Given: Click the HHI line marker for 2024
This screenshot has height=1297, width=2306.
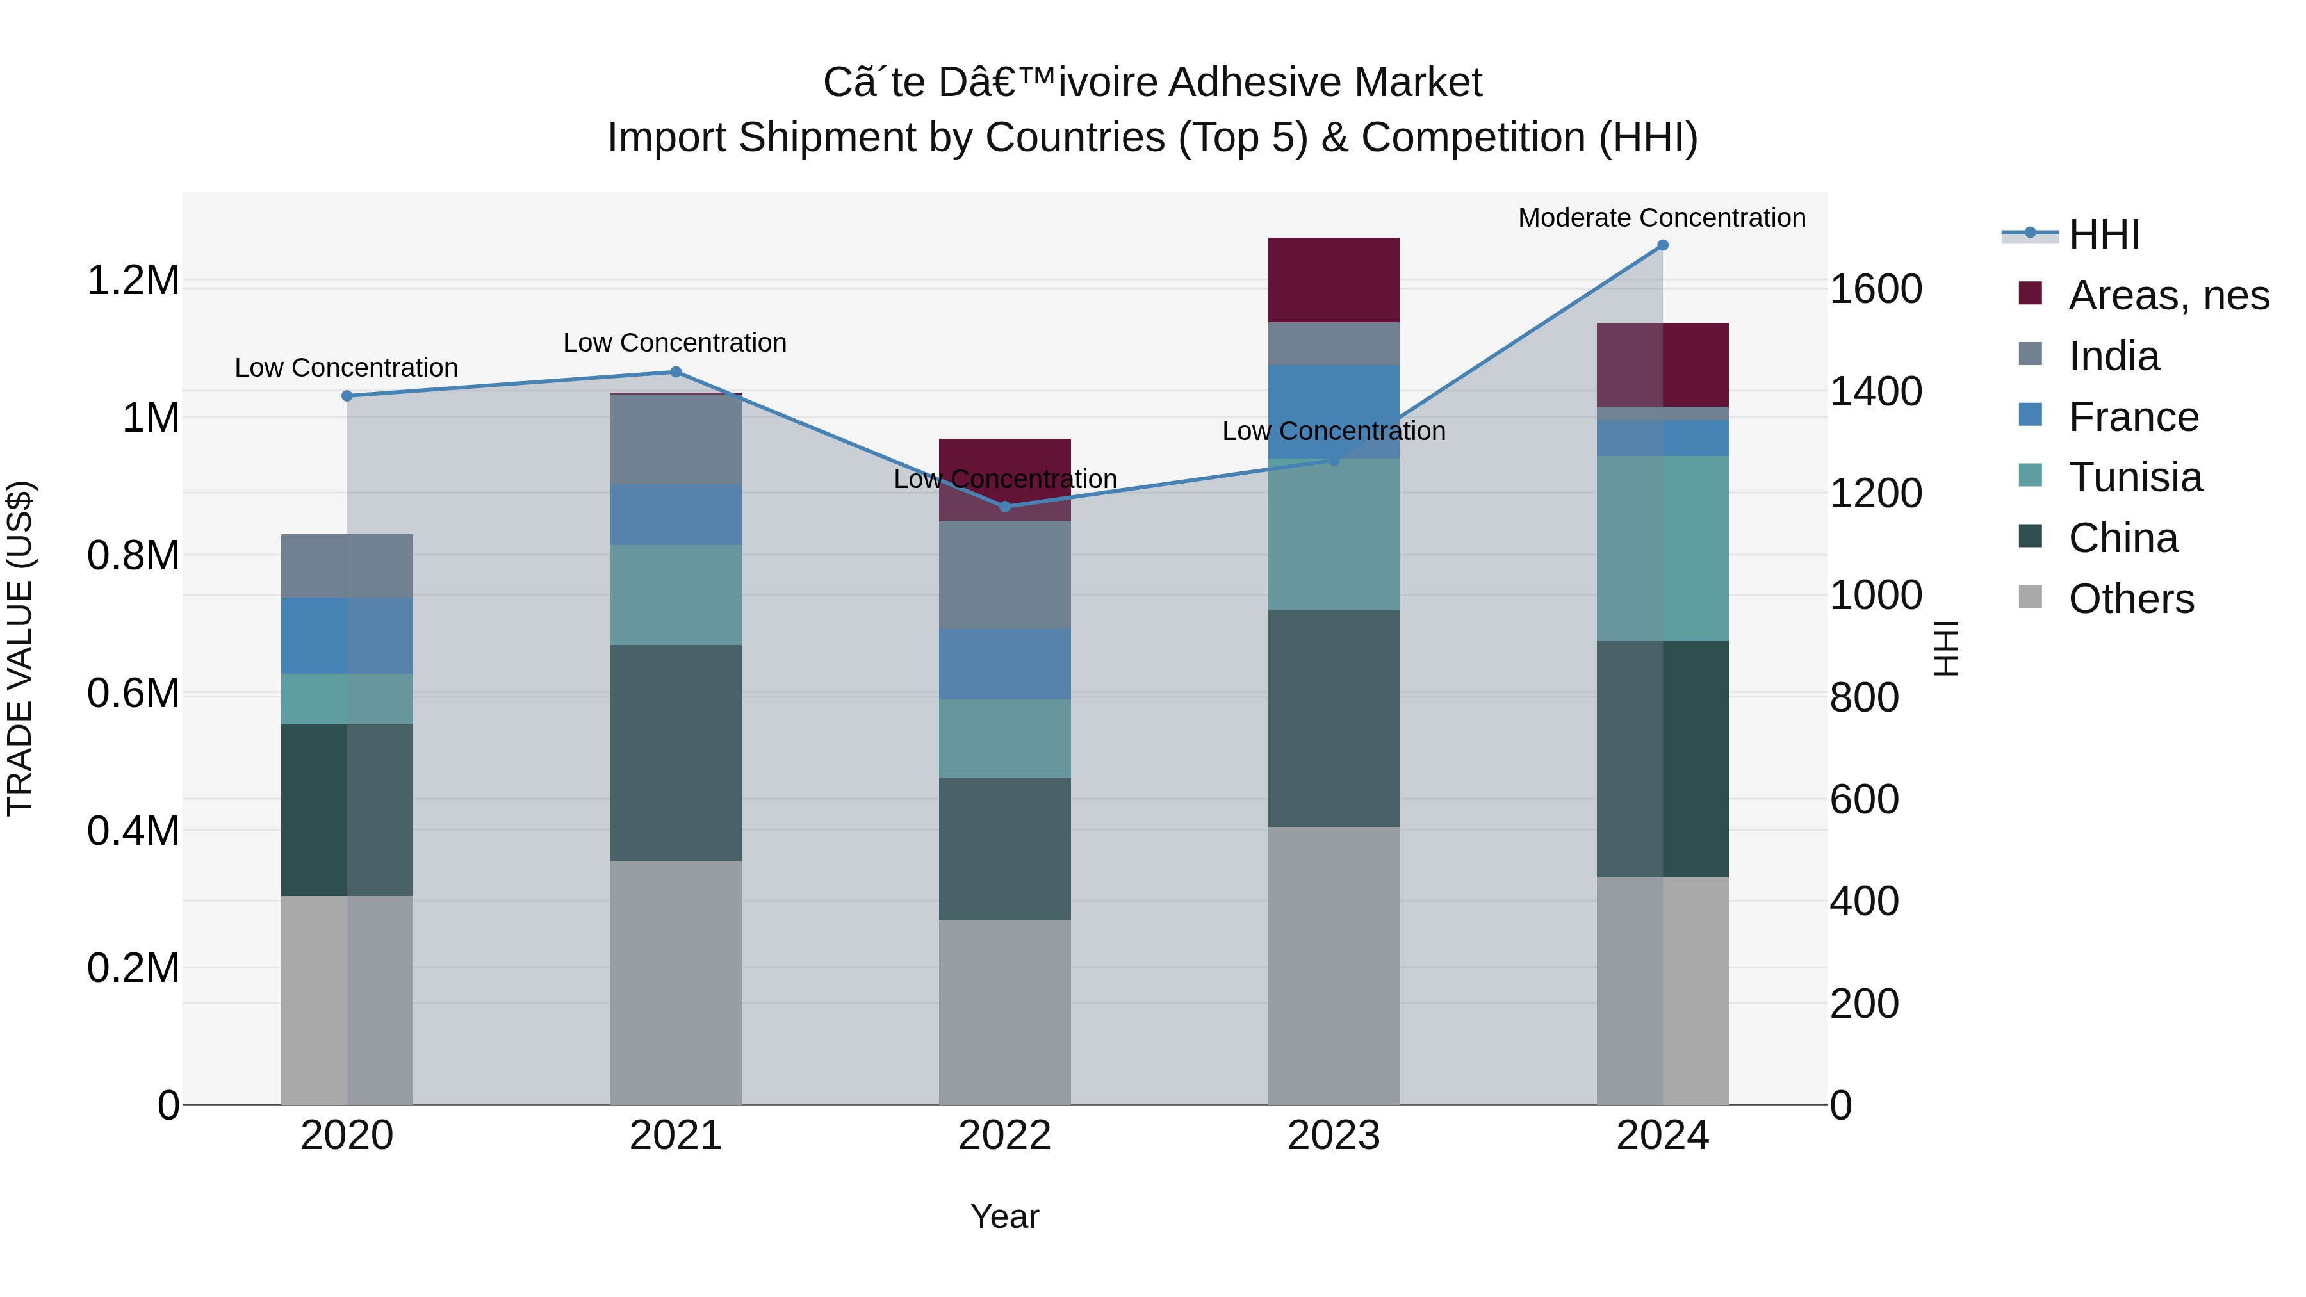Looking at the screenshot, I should tap(1662, 245).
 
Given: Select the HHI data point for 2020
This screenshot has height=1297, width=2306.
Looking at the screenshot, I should tap(347, 396).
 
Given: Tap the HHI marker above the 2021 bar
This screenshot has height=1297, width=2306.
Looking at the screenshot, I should tap(676, 372).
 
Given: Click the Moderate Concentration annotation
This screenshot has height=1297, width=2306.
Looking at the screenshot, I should tap(1662, 218).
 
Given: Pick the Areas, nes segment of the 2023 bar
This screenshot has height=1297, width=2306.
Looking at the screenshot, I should tap(1333, 280).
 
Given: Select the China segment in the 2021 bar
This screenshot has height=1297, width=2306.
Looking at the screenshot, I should tap(676, 753).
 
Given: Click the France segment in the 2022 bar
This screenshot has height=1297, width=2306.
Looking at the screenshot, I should tap(1004, 664).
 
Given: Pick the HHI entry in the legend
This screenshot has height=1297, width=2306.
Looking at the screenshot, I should tap(2104, 234).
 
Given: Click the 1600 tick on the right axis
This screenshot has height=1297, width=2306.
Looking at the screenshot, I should tap(1876, 289).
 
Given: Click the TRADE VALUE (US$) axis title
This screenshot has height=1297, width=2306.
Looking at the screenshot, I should tap(20, 648).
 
